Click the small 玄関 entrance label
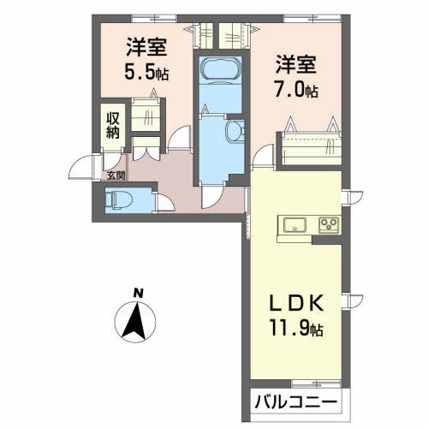(x=115, y=175)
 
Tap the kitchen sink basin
(x=293, y=226)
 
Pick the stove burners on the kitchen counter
(x=329, y=226)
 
